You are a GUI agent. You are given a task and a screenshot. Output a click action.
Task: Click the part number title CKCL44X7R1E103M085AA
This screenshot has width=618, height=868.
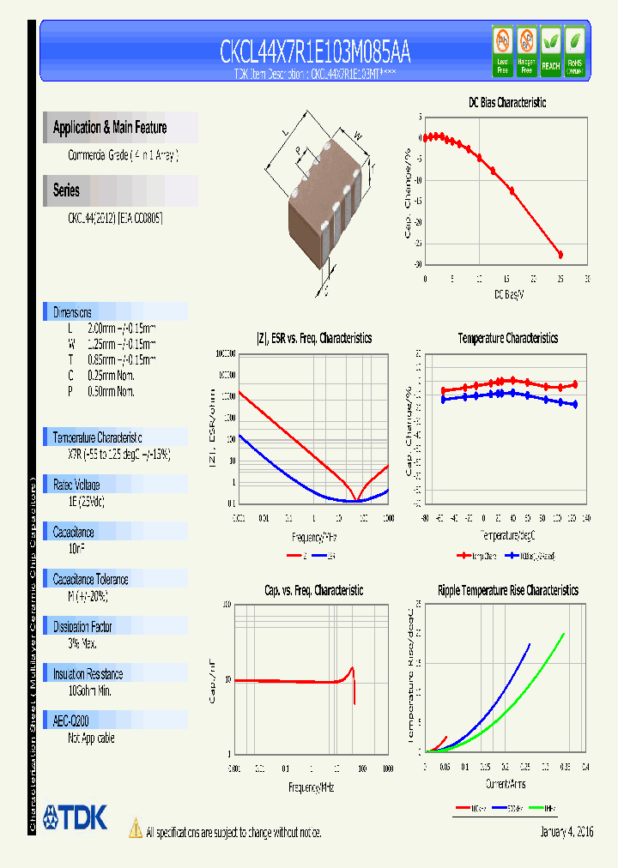(x=315, y=51)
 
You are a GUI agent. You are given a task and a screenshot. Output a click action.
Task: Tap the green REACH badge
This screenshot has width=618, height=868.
(x=550, y=51)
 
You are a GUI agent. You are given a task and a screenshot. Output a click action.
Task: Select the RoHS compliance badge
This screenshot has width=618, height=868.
(x=574, y=51)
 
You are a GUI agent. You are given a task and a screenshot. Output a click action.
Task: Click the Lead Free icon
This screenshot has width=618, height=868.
(x=502, y=51)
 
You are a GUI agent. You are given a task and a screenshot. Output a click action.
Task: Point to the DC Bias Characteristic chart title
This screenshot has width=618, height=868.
(x=506, y=102)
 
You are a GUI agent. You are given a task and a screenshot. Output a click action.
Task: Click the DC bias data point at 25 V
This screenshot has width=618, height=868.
(x=560, y=255)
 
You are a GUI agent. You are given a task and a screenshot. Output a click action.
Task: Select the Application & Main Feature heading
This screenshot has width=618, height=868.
(x=110, y=128)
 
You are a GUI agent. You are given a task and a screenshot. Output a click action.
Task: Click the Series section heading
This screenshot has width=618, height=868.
(x=66, y=190)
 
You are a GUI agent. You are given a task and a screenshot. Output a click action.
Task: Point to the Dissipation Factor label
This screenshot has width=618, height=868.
(x=83, y=627)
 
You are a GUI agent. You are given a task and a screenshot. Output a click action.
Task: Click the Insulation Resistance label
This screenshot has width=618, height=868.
(x=88, y=674)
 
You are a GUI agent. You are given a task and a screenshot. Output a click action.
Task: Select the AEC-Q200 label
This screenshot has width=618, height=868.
(x=71, y=721)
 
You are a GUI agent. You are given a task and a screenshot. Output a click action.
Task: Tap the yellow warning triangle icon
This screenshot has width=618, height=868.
(x=135, y=829)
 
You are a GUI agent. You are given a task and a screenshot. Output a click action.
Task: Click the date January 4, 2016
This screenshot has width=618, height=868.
(x=566, y=832)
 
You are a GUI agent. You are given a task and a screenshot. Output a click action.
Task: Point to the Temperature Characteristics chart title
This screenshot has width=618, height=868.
(x=507, y=339)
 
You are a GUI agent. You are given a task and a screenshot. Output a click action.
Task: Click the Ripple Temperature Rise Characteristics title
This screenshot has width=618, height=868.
(x=507, y=590)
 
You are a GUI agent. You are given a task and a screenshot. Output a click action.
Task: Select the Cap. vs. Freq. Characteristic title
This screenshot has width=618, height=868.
(x=312, y=590)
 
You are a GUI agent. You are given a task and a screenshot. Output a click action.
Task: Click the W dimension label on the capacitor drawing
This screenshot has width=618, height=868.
(x=358, y=135)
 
